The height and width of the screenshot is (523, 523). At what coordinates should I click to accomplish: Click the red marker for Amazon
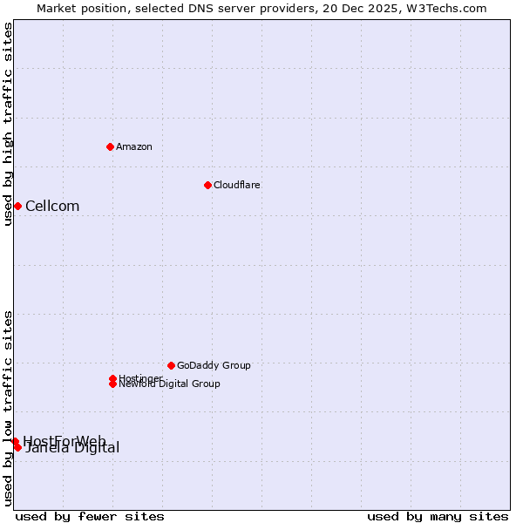110,146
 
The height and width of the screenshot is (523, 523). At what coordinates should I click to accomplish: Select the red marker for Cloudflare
207,185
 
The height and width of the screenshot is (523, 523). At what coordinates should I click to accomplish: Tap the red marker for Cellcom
17,206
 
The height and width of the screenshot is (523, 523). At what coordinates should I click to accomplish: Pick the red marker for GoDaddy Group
171,365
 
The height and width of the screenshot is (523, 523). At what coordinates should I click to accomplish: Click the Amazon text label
134,146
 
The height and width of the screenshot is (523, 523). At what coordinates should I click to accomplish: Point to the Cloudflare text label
237,185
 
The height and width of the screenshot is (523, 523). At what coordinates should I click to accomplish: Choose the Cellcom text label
52,207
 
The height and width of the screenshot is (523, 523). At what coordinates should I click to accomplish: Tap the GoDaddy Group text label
214,365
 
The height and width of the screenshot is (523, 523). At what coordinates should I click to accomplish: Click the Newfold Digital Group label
170,384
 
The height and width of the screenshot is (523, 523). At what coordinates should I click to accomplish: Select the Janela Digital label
73,449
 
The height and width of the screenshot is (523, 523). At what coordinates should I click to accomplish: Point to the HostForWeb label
65,440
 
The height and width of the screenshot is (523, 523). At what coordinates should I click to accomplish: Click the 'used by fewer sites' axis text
90,516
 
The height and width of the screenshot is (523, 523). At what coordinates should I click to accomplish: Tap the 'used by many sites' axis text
438,516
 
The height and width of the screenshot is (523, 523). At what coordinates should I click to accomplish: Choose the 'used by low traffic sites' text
8,407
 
